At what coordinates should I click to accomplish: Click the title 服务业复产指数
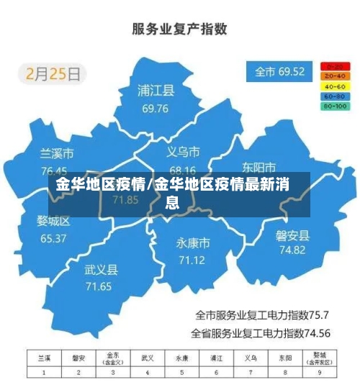tap(180, 30)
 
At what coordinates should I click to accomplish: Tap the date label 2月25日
tap(55, 73)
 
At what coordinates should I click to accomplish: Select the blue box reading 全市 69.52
tap(280, 72)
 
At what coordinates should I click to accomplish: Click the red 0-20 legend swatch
tap(335, 65)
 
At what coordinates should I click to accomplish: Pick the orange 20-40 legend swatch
tap(335, 76)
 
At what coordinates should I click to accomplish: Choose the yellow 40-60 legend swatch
tap(335, 86)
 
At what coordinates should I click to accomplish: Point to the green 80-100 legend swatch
tap(335, 106)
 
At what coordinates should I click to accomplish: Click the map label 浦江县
tap(156, 91)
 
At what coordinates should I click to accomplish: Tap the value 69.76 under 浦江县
tap(156, 109)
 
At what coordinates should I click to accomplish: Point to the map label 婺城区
tap(53, 221)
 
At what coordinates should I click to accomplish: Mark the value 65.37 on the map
tap(53, 238)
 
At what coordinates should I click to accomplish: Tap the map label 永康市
tap(193, 242)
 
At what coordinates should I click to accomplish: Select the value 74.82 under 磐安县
tap(291, 250)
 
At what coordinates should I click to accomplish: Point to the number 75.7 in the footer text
tap(318, 314)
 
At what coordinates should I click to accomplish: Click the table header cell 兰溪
tap(44, 358)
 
